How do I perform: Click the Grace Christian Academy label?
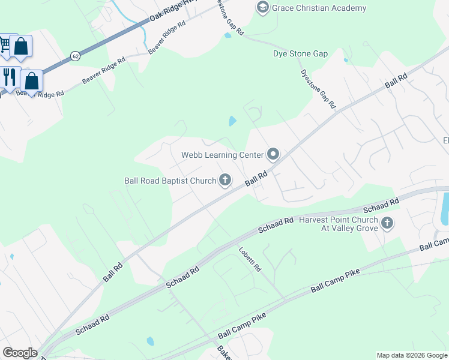point(319,8)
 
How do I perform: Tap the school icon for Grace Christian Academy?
point(262,8)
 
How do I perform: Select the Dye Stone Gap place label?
point(300,53)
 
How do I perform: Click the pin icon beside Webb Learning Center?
point(273,155)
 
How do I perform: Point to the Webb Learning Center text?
point(223,155)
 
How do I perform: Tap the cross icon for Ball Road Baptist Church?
point(225,180)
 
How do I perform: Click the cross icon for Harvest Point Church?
point(387,224)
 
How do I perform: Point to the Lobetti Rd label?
point(249,259)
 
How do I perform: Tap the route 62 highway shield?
point(75,56)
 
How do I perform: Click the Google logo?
point(20,353)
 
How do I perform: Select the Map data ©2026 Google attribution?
point(412,355)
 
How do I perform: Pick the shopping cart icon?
point(4,44)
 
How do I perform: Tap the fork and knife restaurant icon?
point(8,77)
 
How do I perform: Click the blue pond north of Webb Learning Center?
point(232,121)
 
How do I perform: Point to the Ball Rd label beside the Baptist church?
point(256,178)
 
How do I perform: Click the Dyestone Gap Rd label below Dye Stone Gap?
point(318,88)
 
